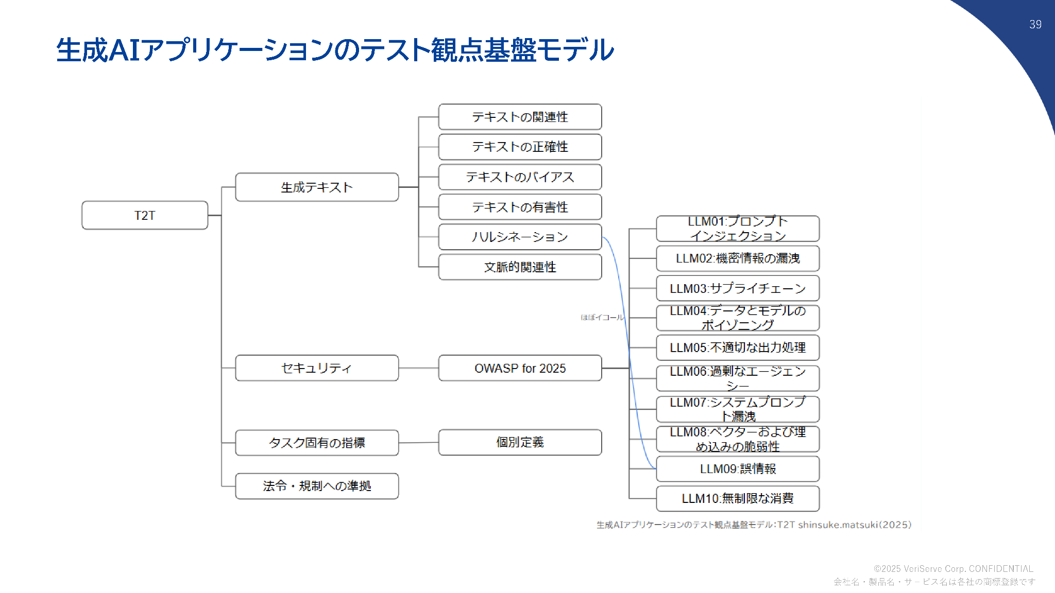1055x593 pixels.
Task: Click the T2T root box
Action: coord(145,215)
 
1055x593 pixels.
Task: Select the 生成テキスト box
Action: coord(317,187)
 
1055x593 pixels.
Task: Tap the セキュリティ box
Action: coord(317,368)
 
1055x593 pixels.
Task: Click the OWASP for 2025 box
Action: coord(520,368)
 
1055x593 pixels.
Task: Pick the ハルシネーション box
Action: coord(520,237)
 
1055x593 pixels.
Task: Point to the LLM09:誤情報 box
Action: coord(738,469)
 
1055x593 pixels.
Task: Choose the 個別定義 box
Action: coord(520,442)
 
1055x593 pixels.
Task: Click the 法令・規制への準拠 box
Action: coord(317,486)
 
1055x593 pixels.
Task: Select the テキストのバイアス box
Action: coord(520,177)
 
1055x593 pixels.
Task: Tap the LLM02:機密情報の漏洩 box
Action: coord(738,258)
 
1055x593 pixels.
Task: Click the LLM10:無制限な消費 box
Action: coord(738,498)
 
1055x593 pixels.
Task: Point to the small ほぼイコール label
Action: coord(602,318)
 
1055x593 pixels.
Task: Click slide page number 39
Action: coord(1035,24)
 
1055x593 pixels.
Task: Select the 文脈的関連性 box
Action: coord(520,267)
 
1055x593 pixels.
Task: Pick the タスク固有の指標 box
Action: coord(317,443)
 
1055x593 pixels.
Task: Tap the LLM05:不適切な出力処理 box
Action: coord(738,347)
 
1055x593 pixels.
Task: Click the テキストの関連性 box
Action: coord(520,117)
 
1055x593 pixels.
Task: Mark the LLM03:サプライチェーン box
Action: coord(738,288)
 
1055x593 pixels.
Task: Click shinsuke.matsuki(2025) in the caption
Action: coord(855,525)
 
